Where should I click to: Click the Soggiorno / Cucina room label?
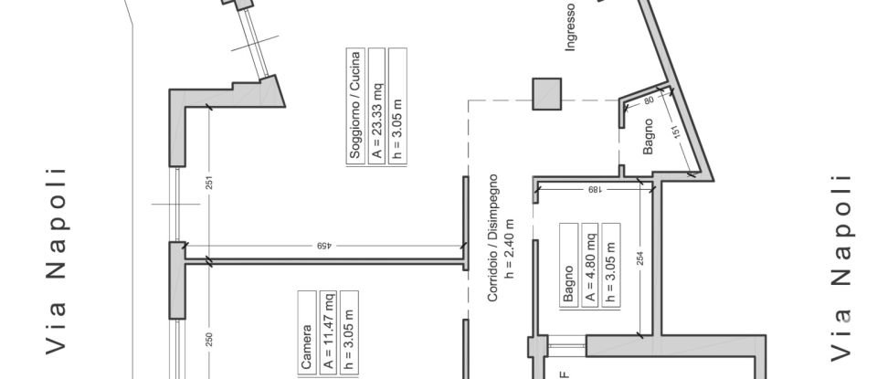click(355, 106)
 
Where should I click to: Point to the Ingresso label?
click(570, 26)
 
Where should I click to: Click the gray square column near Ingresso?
click(547, 94)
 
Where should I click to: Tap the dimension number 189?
click(594, 190)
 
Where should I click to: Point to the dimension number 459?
click(323, 246)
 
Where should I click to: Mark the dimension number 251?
click(208, 183)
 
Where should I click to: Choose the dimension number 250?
click(208, 339)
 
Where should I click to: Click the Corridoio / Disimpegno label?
click(492, 238)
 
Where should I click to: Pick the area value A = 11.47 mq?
click(328, 333)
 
